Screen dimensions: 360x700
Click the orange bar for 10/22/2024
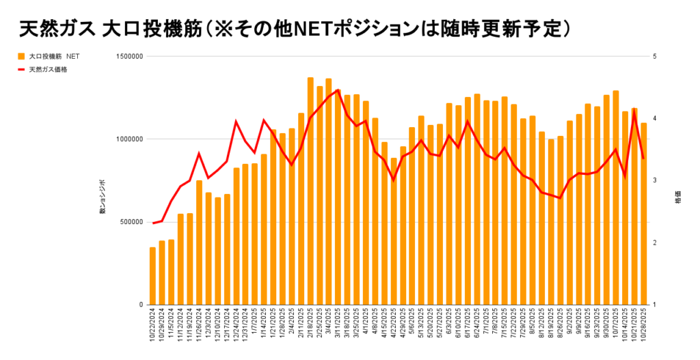pyautogui.click(x=152, y=276)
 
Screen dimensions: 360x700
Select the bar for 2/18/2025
pyautogui.click(x=310, y=191)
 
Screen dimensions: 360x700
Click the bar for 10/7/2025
pyautogui.click(x=616, y=197)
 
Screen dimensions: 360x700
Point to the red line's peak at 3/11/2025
pyautogui.click(x=338, y=90)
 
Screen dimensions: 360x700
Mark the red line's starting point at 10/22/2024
pyautogui.click(x=152, y=223)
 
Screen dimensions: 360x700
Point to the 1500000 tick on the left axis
pyautogui.click(x=128, y=57)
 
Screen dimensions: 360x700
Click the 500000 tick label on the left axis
pyautogui.click(x=130, y=222)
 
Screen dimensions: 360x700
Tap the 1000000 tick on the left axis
pyautogui.click(x=128, y=139)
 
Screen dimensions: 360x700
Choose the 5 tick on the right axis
pyautogui.click(x=655, y=57)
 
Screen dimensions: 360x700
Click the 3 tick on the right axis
pyautogui.click(x=655, y=180)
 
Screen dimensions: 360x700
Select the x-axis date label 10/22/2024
pyautogui.click(x=152, y=328)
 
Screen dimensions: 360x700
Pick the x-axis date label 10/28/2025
pyautogui.click(x=644, y=328)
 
